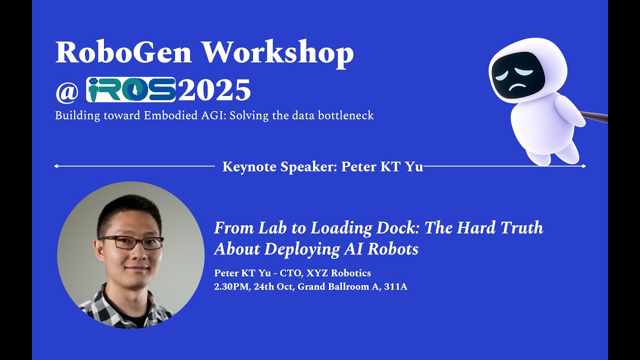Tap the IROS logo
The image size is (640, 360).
[x=131, y=89]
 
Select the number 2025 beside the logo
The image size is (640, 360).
[x=214, y=90]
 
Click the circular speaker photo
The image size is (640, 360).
[x=131, y=255]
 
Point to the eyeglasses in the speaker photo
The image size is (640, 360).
[x=131, y=242]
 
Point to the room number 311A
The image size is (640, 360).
[x=395, y=287]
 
